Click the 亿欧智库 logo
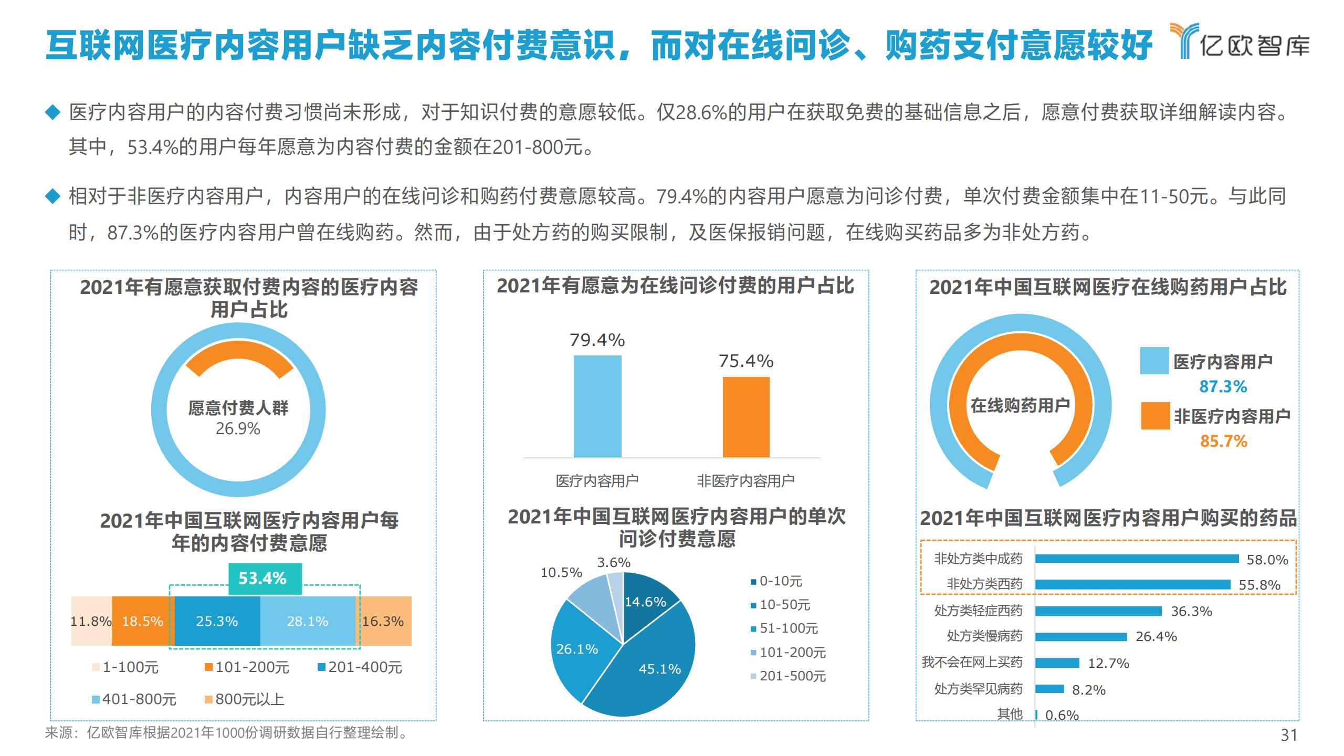1239,41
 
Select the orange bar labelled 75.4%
746,417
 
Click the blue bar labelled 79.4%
597,406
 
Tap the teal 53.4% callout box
265,579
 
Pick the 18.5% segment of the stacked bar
142,621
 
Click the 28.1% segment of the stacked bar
308,621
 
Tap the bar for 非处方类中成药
1137,559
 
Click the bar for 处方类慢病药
1080,637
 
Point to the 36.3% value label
1191,611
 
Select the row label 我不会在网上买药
972,663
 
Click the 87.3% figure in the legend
1223,387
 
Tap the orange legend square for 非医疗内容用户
1156,416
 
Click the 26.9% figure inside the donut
238,429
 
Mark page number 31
1289,735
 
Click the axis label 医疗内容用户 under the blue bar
597,480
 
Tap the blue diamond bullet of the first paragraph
53,112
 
